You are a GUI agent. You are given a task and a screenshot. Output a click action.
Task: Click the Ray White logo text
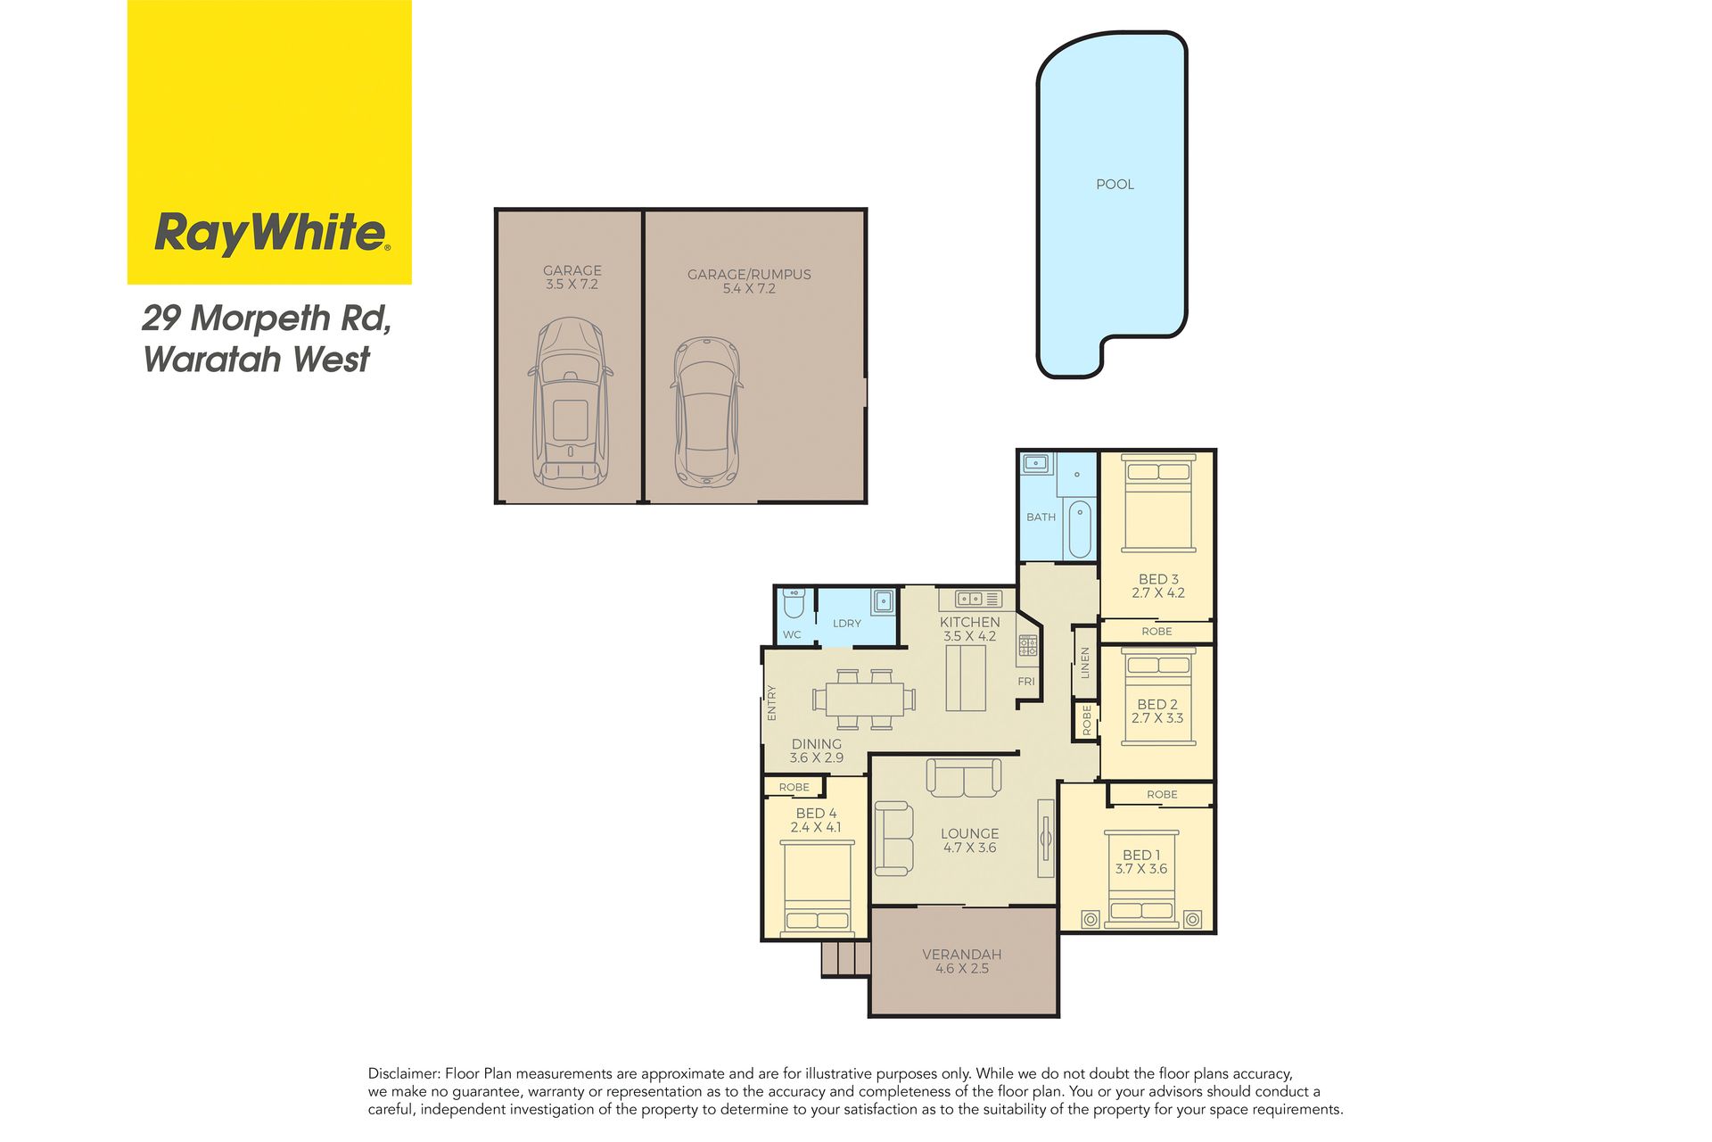click(272, 233)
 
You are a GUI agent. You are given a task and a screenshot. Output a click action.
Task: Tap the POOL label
click(1115, 185)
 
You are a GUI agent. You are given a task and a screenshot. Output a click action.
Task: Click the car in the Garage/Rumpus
click(706, 411)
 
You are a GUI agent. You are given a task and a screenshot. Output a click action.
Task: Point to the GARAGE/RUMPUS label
click(749, 275)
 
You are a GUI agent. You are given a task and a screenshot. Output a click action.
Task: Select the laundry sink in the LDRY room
click(883, 600)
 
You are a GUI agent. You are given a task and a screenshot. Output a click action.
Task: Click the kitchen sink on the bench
click(970, 599)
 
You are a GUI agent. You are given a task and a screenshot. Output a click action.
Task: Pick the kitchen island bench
click(966, 678)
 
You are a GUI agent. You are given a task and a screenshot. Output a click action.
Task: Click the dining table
click(864, 699)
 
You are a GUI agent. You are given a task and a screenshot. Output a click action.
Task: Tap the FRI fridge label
click(1026, 682)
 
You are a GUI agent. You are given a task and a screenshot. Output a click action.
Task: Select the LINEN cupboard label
click(1085, 663)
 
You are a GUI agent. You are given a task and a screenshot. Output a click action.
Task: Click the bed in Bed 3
click(1158, 502)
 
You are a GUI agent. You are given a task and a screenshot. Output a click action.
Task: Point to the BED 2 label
click(1157, 705)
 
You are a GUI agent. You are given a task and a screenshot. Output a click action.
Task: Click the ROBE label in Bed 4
click(794, 787)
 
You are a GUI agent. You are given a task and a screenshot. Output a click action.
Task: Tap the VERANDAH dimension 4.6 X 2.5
click(962, 969)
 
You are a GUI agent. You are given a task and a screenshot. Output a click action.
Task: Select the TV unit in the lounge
click(1046, 839)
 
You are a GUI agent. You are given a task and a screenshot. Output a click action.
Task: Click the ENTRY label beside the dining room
click(772, 703)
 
